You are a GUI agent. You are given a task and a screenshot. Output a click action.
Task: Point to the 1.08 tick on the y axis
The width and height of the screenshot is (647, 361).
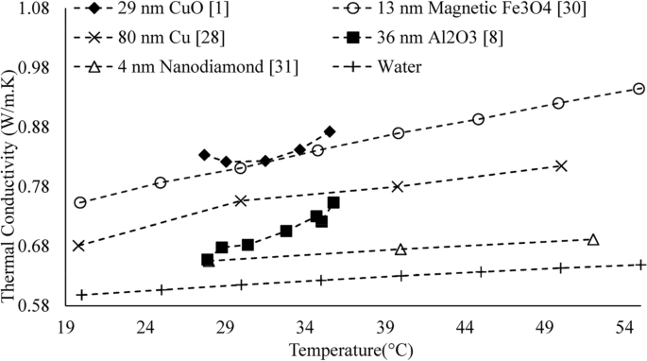click(x=40, y=9)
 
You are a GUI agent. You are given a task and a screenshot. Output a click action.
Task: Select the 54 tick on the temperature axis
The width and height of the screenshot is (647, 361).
click(x=623, y=326)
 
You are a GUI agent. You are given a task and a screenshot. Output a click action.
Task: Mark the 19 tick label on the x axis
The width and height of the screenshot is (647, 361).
click(x=66, y=326)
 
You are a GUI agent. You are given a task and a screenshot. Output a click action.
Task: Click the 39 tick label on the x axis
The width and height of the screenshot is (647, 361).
click(x=384, y=326)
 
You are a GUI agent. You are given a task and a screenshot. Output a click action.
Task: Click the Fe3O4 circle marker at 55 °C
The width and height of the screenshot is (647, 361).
click(x=638, y=89)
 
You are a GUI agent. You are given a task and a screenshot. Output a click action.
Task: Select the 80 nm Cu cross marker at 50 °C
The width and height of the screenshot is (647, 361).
click(x=561, y=165)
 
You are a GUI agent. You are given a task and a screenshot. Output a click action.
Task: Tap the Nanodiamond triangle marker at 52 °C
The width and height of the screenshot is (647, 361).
click(x=593, y=239)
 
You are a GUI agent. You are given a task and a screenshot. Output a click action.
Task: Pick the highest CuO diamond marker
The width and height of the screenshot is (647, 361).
click(x=330, y=131)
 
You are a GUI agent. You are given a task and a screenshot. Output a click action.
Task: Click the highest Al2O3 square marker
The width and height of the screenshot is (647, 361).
click(x=333, y=202)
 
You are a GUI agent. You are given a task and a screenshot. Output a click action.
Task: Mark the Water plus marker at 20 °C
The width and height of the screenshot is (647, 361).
click(x=81, y=295)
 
